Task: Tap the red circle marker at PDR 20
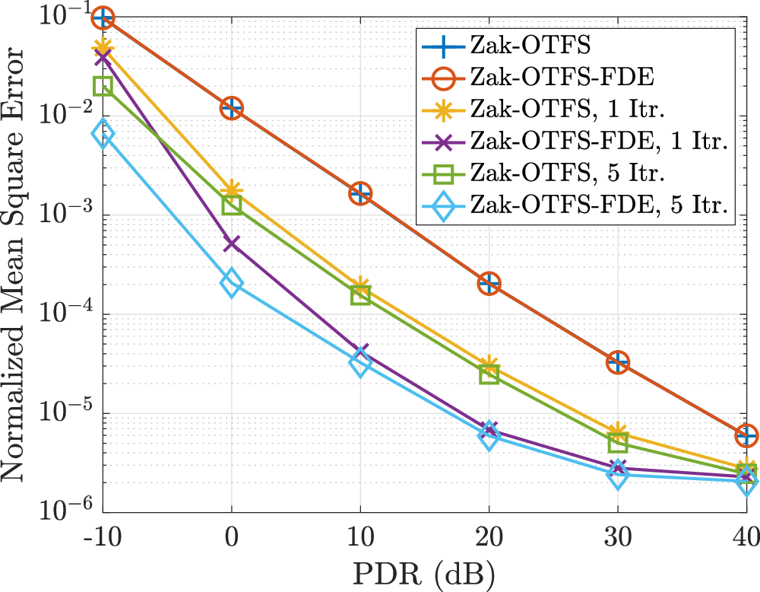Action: [488, 284]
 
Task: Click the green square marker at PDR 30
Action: [617, 441]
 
